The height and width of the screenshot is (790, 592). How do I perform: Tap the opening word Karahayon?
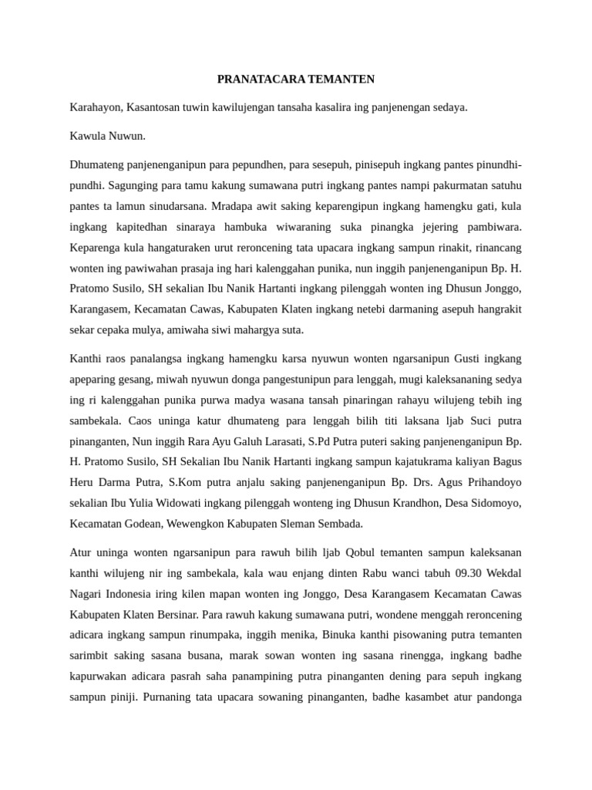[96, 107]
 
